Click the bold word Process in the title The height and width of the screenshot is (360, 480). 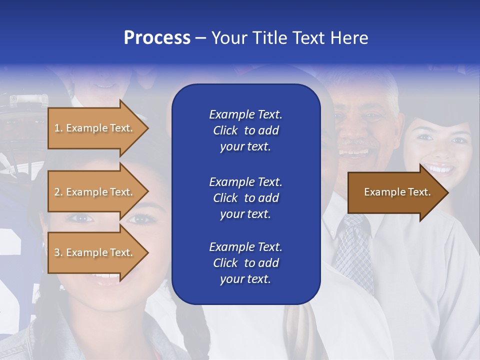pos(157,38)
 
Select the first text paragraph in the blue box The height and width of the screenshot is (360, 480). pos(245,130)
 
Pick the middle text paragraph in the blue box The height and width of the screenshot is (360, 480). pos(245,198)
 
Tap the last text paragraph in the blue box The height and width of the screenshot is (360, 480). pos(245,263)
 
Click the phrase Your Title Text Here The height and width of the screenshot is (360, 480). pos(290,38)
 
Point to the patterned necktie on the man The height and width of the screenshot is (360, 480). pos(354,250)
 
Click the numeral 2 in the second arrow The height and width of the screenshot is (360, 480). pos(56,192)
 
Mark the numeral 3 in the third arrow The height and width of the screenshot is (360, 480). pos(56,252)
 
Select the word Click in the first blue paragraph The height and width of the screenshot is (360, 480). pos(225,131)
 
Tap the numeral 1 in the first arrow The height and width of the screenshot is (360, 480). pos(56,128)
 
